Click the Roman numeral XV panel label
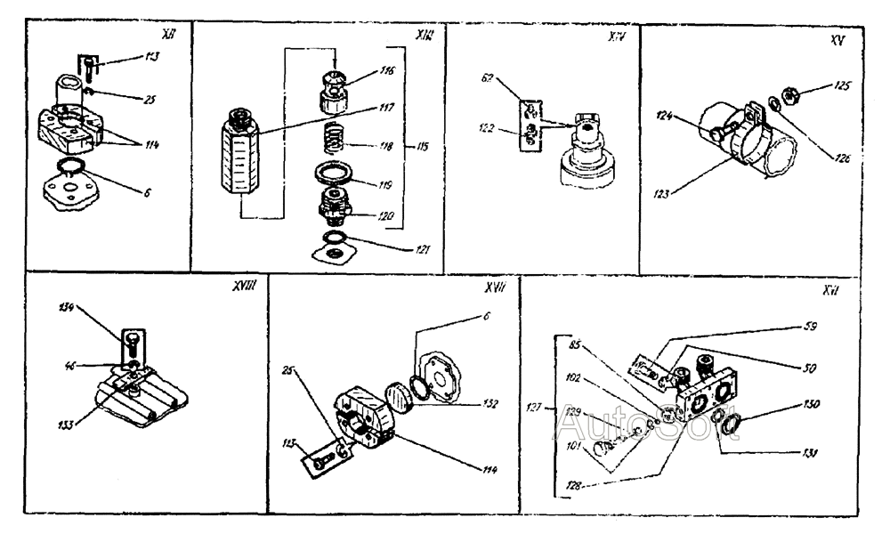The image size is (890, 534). (x=833, y=41)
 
